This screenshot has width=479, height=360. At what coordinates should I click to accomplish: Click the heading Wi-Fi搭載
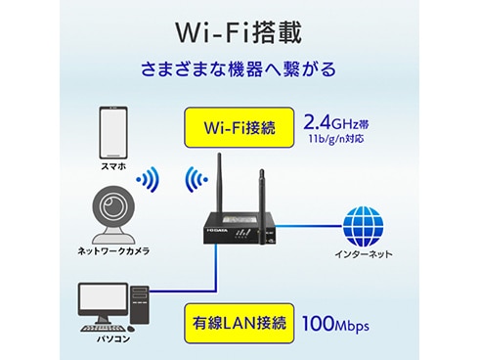[x=239, y=29]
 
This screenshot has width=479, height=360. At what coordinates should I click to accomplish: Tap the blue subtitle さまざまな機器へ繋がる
[x=239, y=70]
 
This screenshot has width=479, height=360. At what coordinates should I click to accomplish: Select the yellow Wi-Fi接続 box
[x=240, y=127]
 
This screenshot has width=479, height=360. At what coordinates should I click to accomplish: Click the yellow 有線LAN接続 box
[x=240, y=320]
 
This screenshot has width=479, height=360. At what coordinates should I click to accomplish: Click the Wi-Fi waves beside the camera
[x=148, y=181]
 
